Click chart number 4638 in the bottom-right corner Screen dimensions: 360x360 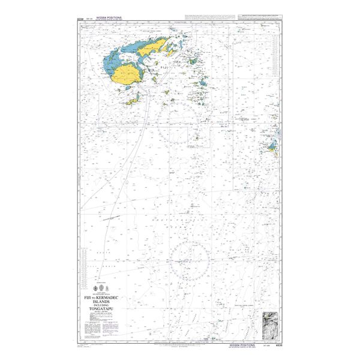[x=279, y=346]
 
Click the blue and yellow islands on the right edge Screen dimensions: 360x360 [x=271, y=144]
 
